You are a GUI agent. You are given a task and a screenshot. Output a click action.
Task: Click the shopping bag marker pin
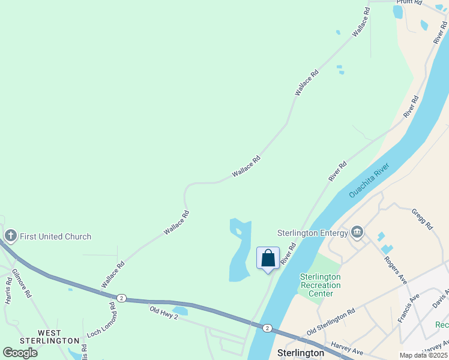pyautogui.click(x=268, y=259)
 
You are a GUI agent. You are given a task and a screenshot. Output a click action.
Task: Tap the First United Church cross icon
pyautogui.click(x=10, y=236)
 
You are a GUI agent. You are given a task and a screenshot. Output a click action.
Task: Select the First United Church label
pyautogui.click(x=56, y=236)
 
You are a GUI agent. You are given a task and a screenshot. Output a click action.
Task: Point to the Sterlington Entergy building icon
pyautogui.click(x=358, y=232)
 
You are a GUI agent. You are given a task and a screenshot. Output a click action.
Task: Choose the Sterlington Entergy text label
pyautogui.click(x=312, y=233)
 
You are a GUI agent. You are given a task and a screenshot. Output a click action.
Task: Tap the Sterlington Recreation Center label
pyautogui.click(x=320, y=285)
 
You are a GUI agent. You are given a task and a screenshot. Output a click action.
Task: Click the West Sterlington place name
pyautogui.click(x=50, y=337)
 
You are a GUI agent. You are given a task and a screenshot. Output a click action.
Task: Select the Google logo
pyautogui.click(x=20, y=353)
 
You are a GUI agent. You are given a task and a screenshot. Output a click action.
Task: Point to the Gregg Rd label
pyautogui.click(x=423, y=219)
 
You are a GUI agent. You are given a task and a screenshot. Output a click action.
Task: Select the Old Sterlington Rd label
pyautogui.click(x=331, y=323)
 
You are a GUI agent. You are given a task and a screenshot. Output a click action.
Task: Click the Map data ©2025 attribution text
pyautogui.click(x=424, y=355)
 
